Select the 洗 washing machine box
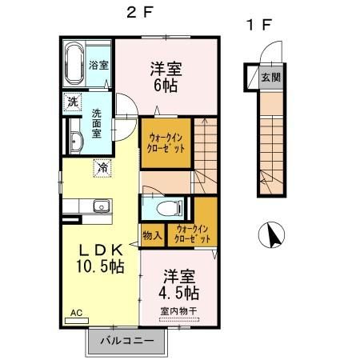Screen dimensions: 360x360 [72, 102]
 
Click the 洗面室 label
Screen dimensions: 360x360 [97, 125]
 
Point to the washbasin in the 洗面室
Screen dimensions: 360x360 [75, 142]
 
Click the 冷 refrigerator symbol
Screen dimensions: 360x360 [102, 168]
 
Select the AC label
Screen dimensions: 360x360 [76, 312]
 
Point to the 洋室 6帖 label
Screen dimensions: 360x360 [166, 76]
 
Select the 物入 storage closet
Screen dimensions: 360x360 [151, 235]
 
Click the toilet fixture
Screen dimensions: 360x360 [167, 209]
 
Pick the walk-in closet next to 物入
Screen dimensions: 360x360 [194, 235]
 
